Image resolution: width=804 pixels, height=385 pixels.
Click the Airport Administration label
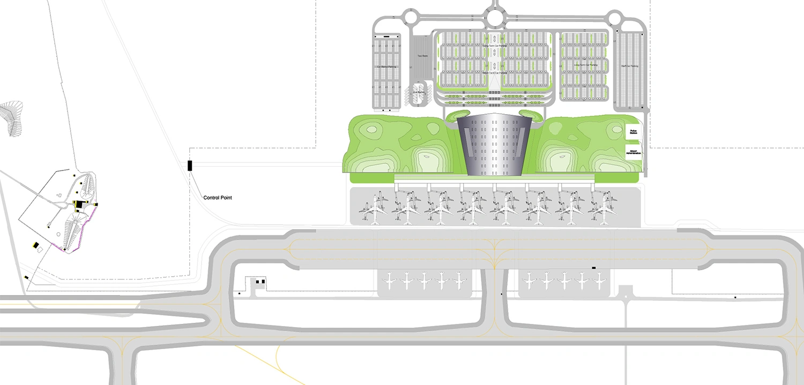tap(634, 152)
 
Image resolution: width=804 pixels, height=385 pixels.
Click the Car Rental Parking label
tap(386, 67)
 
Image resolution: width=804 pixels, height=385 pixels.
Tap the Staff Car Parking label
tap(629, 66)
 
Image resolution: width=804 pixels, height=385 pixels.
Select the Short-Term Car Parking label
tap(494, 72)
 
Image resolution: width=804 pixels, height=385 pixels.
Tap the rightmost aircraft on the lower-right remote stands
tap(598, 280)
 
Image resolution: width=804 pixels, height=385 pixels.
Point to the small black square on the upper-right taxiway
tap(593, 267)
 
